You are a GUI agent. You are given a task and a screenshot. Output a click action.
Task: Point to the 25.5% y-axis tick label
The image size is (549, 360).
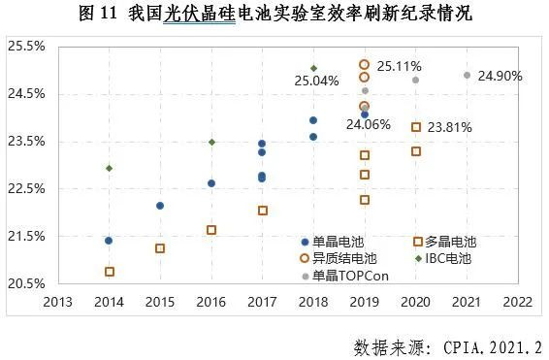pos(27,47)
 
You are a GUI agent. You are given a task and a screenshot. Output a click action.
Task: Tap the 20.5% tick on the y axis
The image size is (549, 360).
pos(27,284)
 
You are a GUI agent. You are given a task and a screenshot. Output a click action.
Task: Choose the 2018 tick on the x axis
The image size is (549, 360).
pos(313,303)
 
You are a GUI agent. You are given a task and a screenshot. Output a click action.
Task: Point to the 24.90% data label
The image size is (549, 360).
pos(501,76)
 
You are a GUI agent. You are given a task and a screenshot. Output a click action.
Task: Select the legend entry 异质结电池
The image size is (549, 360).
pos(339,258)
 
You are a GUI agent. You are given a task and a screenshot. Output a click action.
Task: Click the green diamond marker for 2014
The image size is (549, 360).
pos(110,168)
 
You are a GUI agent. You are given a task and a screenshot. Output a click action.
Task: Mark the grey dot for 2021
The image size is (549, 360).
pos(467,76)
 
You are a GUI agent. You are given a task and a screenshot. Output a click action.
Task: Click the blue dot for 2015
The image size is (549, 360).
pos(160,206)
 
